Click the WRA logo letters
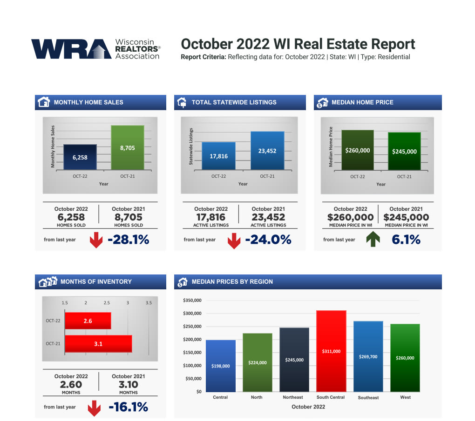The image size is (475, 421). pyautogui.click(x=70, y=49)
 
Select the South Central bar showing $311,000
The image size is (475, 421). pyautogui.click(x=331, y=351)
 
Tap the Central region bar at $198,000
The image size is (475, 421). pyautogui.click(x=220, y=366)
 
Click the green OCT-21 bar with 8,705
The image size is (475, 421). pyautogui.click(x=127, y=147)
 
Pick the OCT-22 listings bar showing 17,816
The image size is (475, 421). pyautogui.click(x=218, y=156)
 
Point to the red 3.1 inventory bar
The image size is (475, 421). pyautogui.click(x=98, y=344)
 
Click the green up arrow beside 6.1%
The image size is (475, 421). pyautogui.click(x=373, y=240)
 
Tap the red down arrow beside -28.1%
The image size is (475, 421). pyautogui.click(x=96, y=240)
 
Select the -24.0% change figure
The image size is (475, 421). pyautogui.click(x=268, y=240)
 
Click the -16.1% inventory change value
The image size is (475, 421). pyautogui.click(x=128, y=407)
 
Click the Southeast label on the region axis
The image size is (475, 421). pyautogui.click(x=368, y=398)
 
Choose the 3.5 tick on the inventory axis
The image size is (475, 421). pyautogui.click(x=149, y=303)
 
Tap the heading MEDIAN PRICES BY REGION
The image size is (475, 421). pyautogui.click(x=232, y=281)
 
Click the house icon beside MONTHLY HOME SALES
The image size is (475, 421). pyautogui.click(x=43, y=102)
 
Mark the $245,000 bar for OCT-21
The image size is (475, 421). pyautogui.click(x=404, y=151)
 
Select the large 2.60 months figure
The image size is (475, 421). pyautogui.click(x=71, y=385)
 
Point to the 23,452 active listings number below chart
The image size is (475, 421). pyautogui.click(x=268, y=217)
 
